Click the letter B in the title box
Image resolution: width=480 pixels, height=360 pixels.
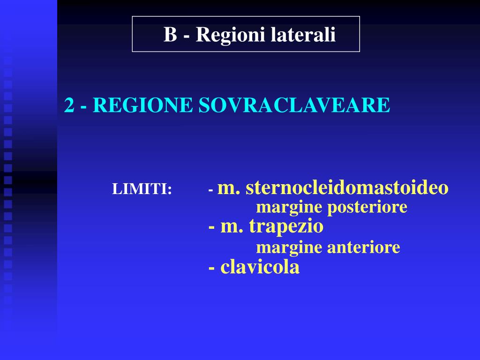[170, 35]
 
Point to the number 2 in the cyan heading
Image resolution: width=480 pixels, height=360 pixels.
[69, 105]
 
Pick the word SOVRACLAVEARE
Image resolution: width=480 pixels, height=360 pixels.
[294, 105]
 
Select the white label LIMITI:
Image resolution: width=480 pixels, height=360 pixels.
[142, 190]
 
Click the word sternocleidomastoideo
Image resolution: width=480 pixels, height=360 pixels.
[347, 187]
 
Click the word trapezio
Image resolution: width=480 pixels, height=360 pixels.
[286, 227]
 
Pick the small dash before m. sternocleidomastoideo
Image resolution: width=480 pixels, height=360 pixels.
[211, 190]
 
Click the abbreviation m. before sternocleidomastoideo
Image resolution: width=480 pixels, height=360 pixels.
[230, 188]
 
